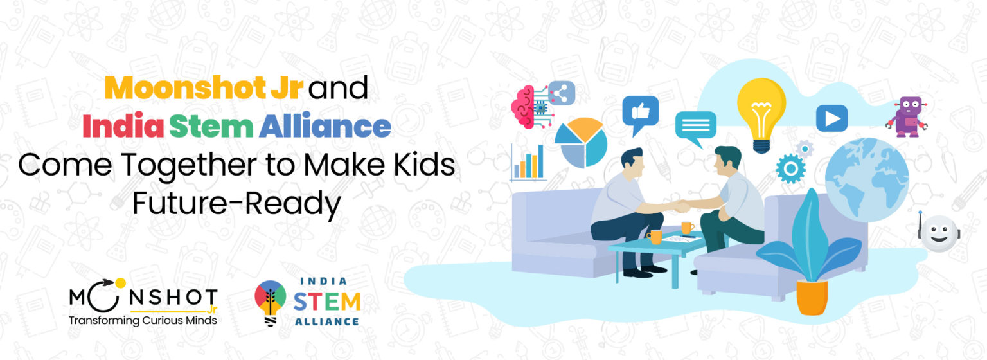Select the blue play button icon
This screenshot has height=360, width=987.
tap(831, 118)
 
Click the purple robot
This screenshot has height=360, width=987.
tap(907, 116)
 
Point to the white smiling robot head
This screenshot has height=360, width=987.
tap(939, 232)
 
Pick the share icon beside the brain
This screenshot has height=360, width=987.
tap(562, 93)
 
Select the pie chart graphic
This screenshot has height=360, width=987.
tap(581, 143)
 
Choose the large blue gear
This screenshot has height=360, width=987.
tap(790, 168)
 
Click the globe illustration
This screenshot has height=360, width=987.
tap(867, 179)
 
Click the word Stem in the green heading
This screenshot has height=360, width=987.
tap(211, 127)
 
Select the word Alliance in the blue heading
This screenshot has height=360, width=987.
tap(325, 127)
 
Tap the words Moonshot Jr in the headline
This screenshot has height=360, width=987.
tap(204, 88)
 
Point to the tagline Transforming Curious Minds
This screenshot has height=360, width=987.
tap(143, 321)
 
